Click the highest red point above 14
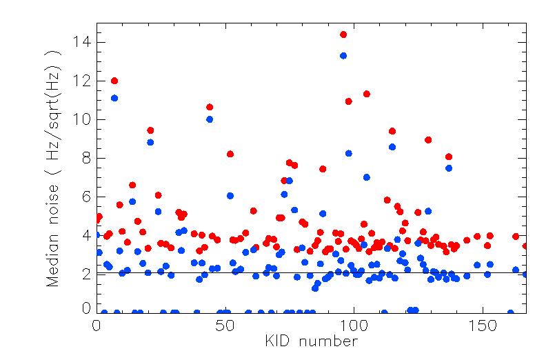pos(343,34)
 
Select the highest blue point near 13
pos(343,56)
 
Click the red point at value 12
pos(114,81)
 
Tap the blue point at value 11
pos(114,98)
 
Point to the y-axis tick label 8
pos(83,159)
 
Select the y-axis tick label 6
pos(83,197)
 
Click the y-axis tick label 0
pos(83,308)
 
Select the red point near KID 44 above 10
pos(210,107)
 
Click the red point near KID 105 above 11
pos(367,94)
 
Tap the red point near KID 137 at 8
pos(449,157)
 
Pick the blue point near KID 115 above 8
pos(392,147)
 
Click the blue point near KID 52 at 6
pos(230,196)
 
